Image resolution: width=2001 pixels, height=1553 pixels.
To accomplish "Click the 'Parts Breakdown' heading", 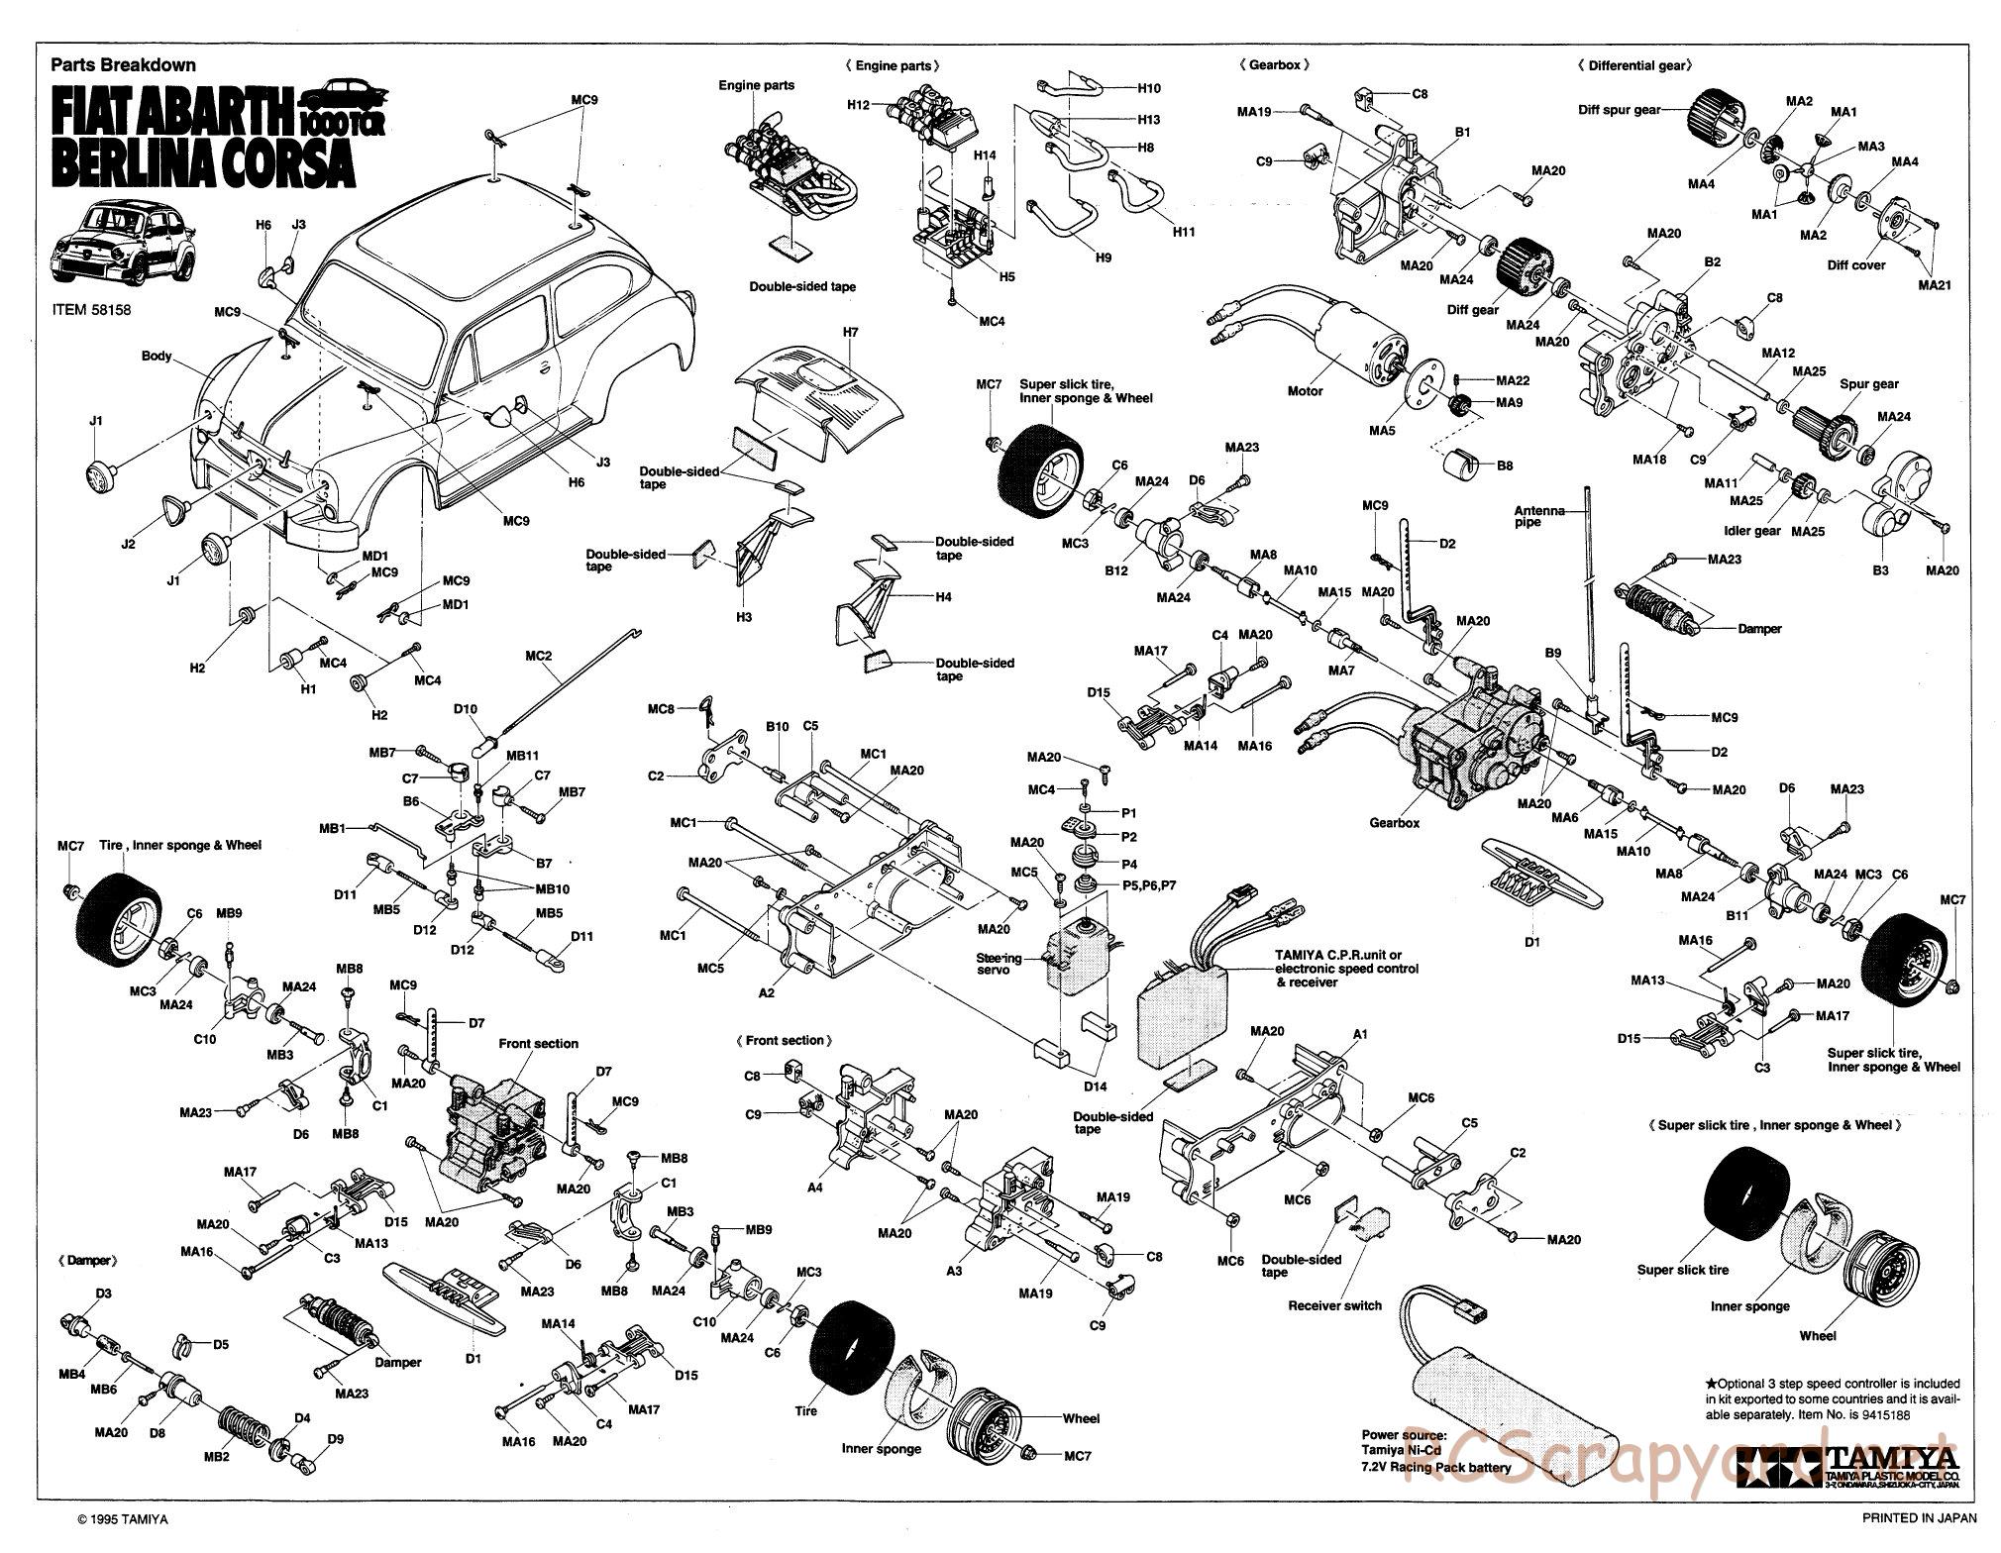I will (x=123, y=65).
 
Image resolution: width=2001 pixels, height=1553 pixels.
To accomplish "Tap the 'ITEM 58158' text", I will (x=91, y=309).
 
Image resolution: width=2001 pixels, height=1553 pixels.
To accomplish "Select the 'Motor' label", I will (x=1305, y=391).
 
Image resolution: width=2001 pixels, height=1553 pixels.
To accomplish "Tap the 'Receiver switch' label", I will (x=1334, y=1305).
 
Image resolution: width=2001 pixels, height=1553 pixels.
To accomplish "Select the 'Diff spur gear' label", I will (x=1619, y=110).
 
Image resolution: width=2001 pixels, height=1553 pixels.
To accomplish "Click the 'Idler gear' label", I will (x=1752, y=531).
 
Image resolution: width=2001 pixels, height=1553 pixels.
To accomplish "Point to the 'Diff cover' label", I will (x=1855, y=265).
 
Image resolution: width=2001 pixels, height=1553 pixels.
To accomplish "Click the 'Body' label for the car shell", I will (x=157, y=356).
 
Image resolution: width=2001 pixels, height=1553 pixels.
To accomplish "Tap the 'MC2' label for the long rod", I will (x=539, y=656).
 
